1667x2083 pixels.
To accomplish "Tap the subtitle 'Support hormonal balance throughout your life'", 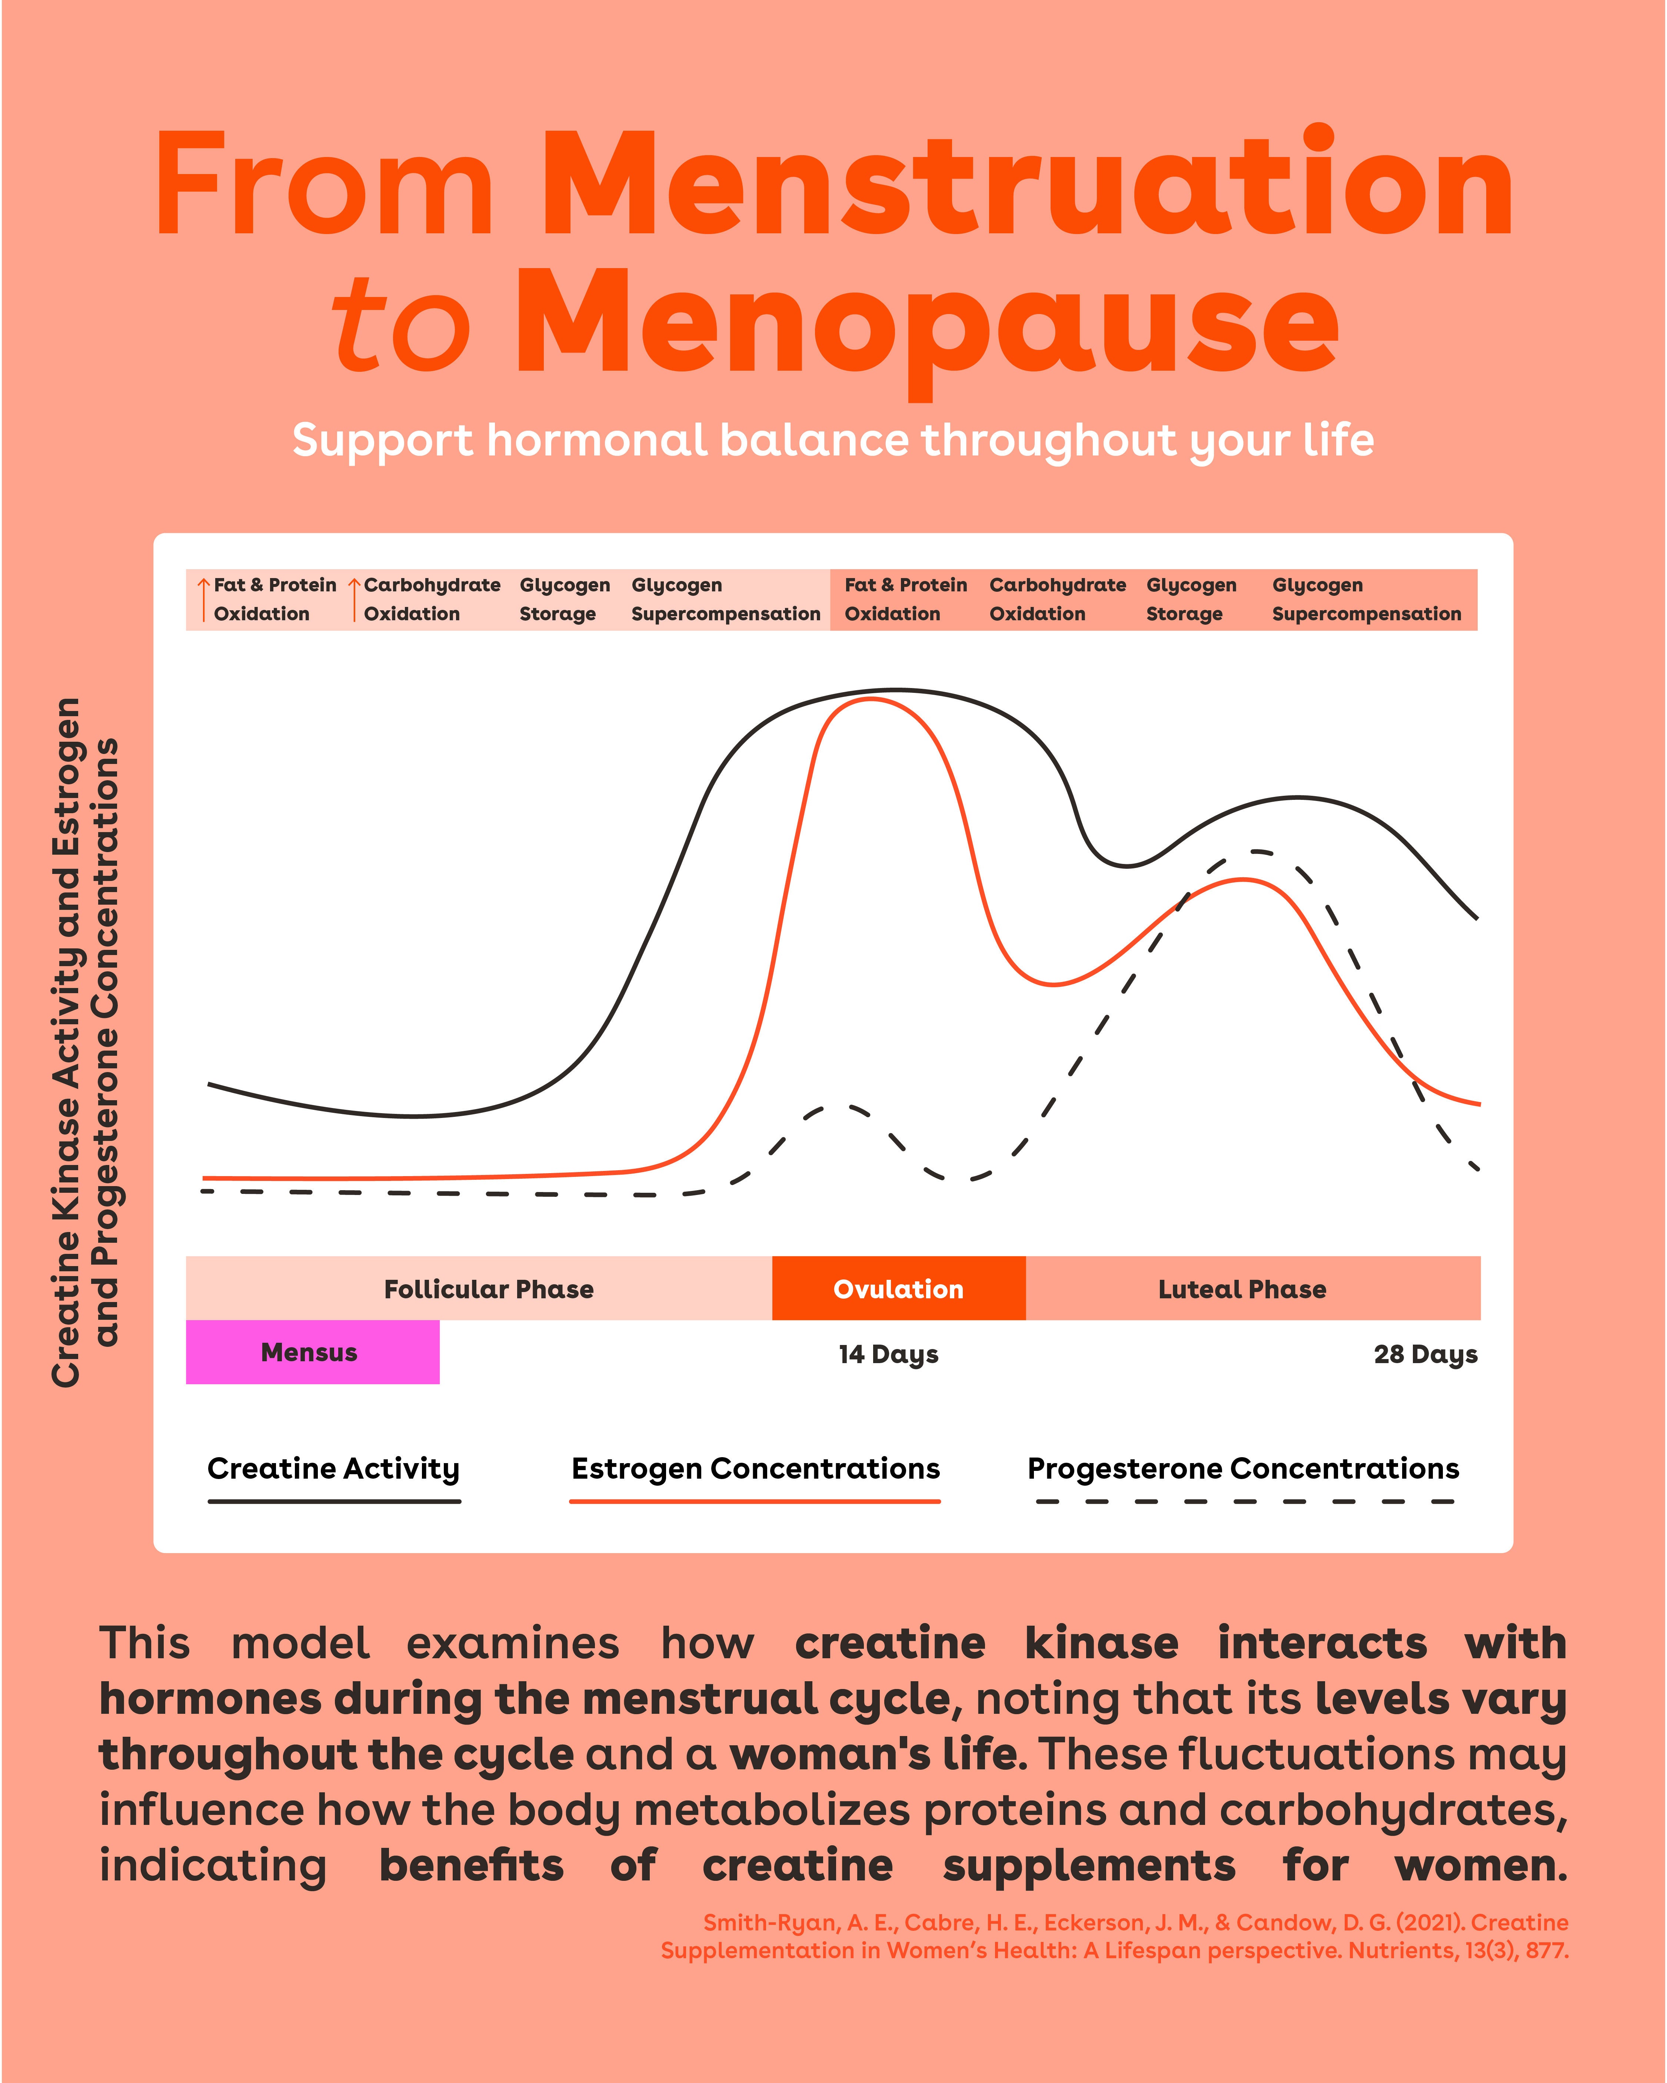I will point(833,441).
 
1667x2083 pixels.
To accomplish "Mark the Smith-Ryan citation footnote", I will point(1114,1936).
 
